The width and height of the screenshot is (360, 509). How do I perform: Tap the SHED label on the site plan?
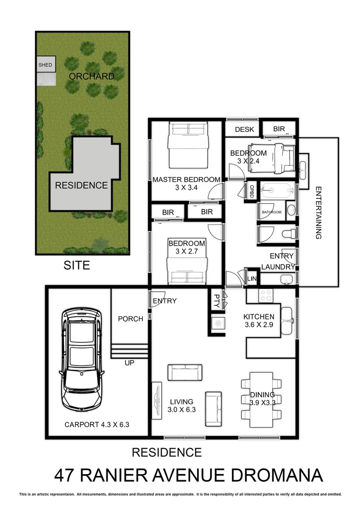45,65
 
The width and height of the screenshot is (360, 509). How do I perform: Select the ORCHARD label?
91,76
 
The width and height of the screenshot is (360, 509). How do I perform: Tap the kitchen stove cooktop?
265,295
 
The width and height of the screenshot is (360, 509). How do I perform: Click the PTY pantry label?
217,301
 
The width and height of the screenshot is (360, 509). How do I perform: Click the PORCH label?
131,319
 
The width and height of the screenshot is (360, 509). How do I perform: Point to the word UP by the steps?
131,364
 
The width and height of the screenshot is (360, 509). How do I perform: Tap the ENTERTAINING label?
319,213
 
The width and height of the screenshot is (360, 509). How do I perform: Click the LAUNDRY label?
278,267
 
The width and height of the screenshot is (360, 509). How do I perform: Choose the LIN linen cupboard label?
252,279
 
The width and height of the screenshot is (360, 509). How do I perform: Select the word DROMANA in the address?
278,475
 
